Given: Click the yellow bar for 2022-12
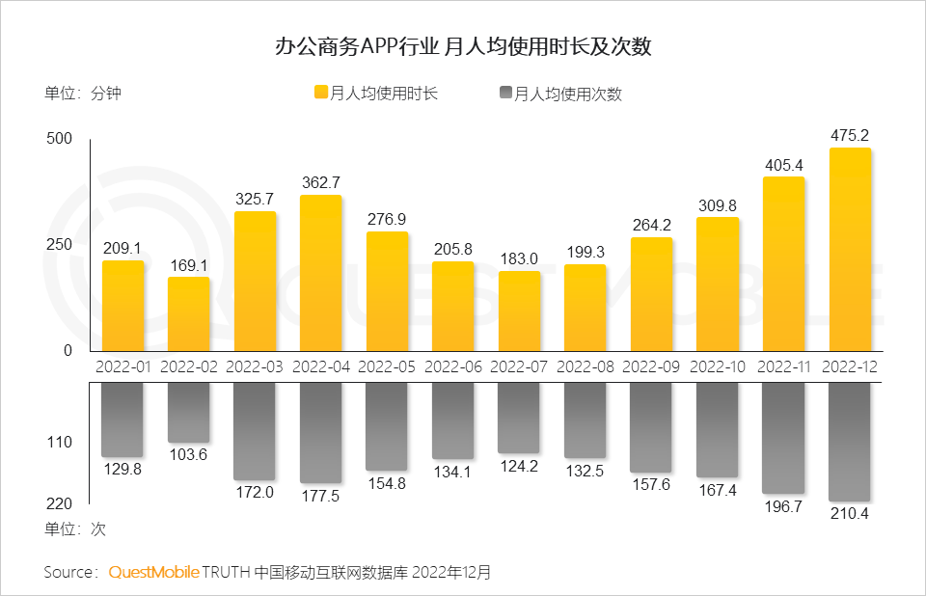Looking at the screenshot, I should pos(850,250).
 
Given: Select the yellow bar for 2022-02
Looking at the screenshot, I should pos(189,314).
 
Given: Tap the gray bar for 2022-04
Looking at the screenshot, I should pos(321,433).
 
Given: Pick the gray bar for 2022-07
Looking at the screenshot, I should pos(519,418).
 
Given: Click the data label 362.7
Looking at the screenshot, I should pos(321,182).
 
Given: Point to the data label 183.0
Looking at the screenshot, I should pos(519,258).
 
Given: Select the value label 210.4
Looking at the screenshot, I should pos(850,514).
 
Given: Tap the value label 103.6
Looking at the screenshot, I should pos(189,455).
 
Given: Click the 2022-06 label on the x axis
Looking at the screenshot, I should pos(453,366).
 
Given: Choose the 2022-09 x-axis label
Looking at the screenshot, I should pos(651,366).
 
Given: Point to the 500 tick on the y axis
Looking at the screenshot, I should pos(60,139).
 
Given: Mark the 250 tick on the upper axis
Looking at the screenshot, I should pos(60,244).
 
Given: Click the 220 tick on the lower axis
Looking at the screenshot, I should pos(60,503).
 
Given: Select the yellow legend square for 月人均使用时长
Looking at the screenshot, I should pos(321,94).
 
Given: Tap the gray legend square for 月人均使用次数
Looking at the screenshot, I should pos(505,94).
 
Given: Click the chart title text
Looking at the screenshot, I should pos(463,46).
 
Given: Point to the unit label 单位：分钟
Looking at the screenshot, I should pos(82,94).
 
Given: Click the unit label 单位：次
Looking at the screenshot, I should pos(74,529).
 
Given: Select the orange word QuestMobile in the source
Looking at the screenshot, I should pos(153,572).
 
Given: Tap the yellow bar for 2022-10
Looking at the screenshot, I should pos(718,284).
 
